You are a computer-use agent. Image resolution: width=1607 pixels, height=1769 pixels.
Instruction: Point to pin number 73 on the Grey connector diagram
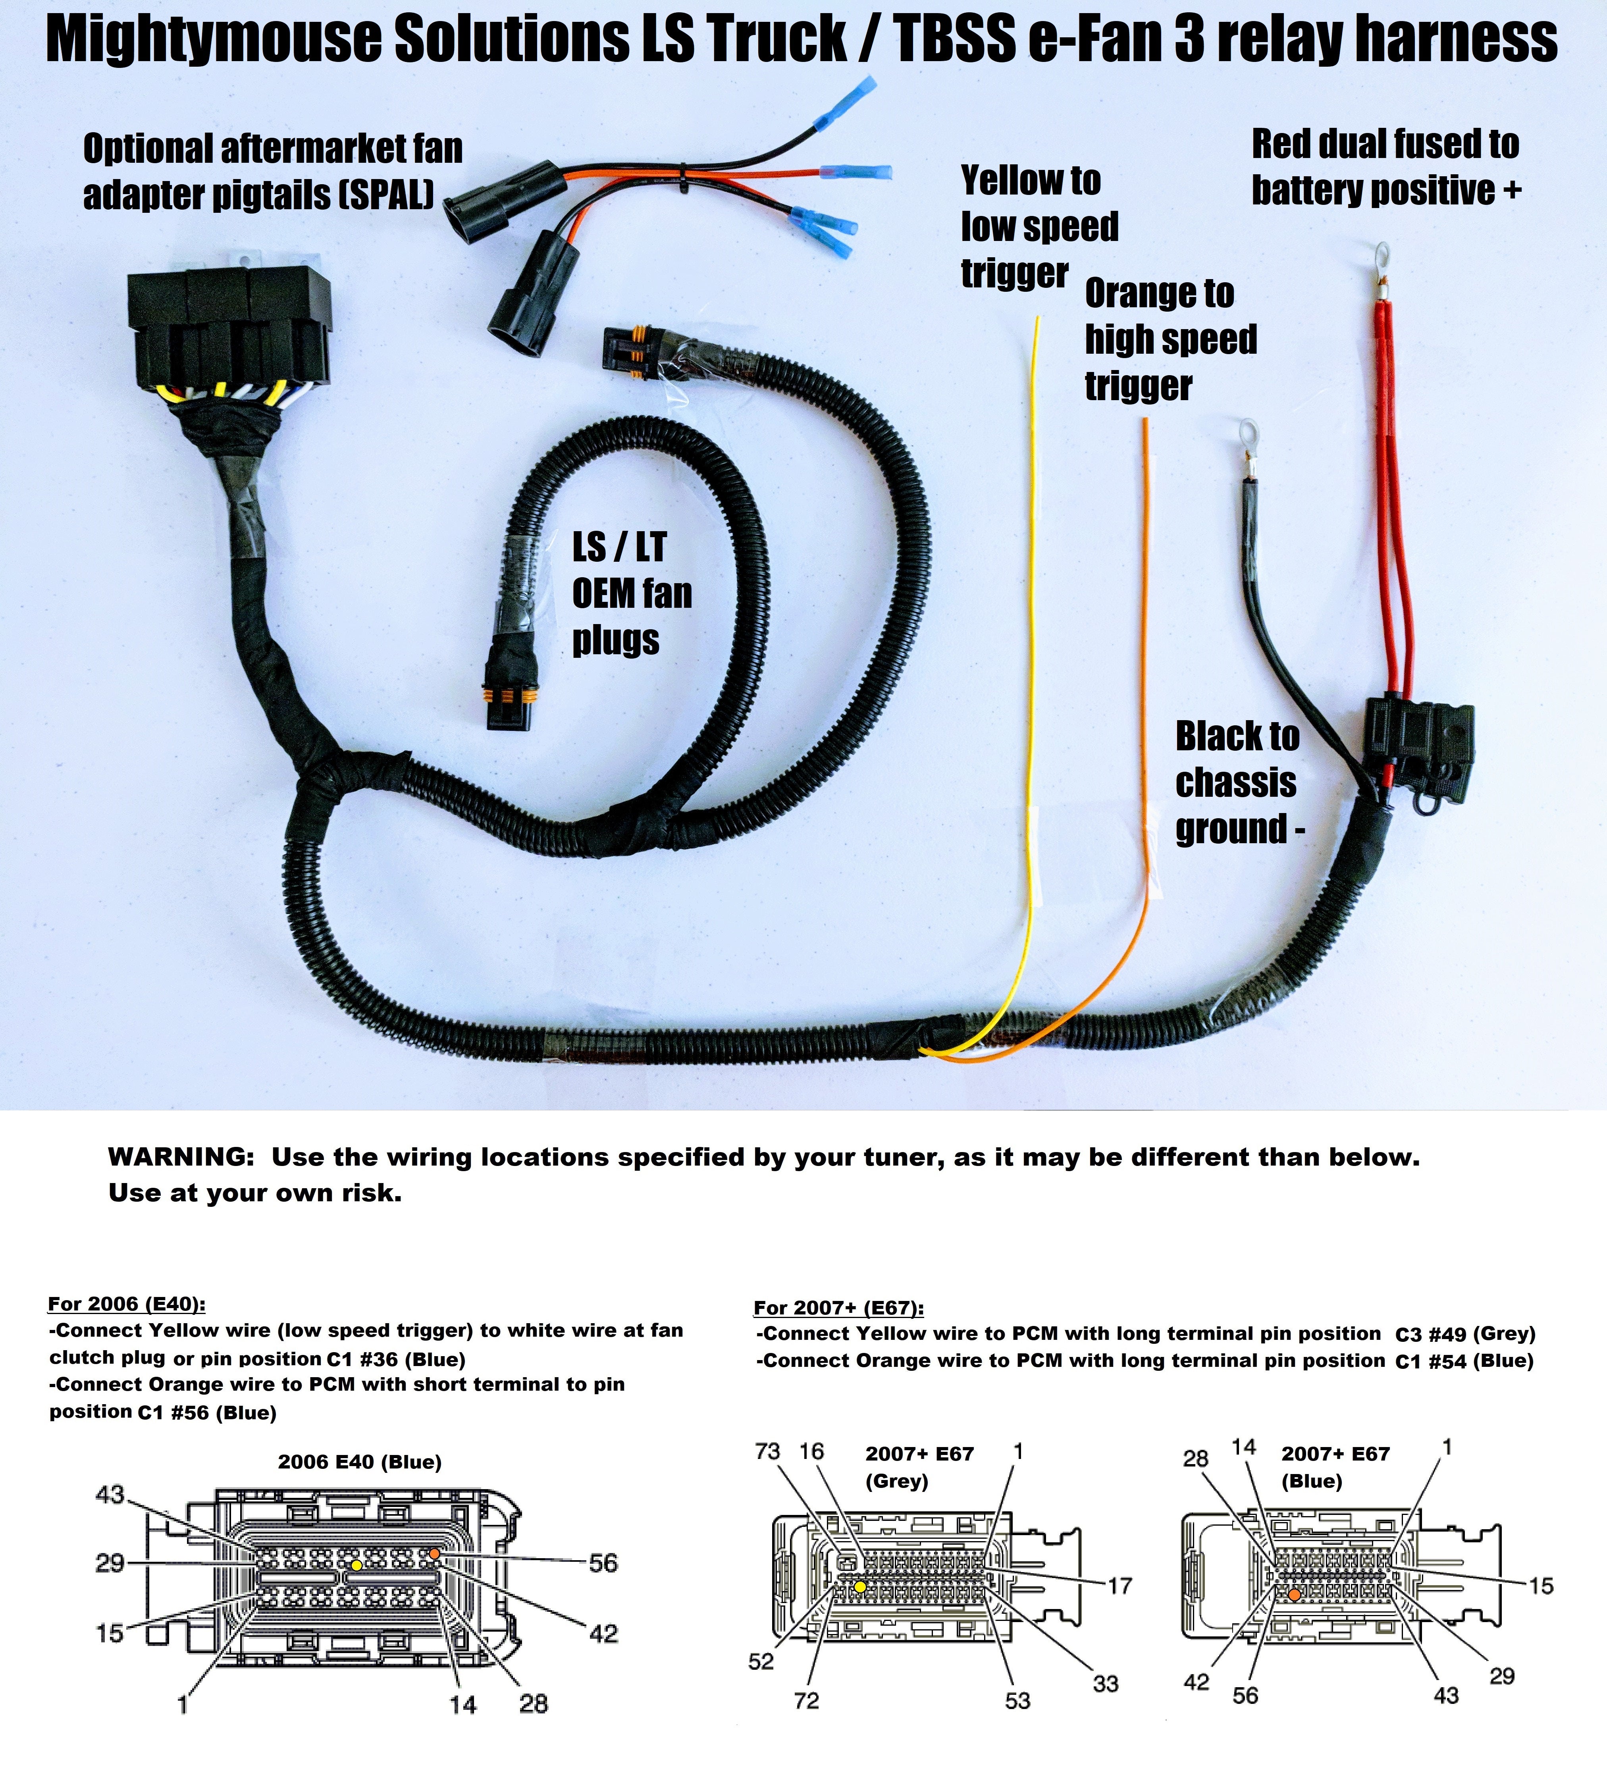click(767, 1451)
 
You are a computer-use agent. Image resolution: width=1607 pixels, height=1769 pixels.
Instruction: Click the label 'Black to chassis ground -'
click(1237, 783)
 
